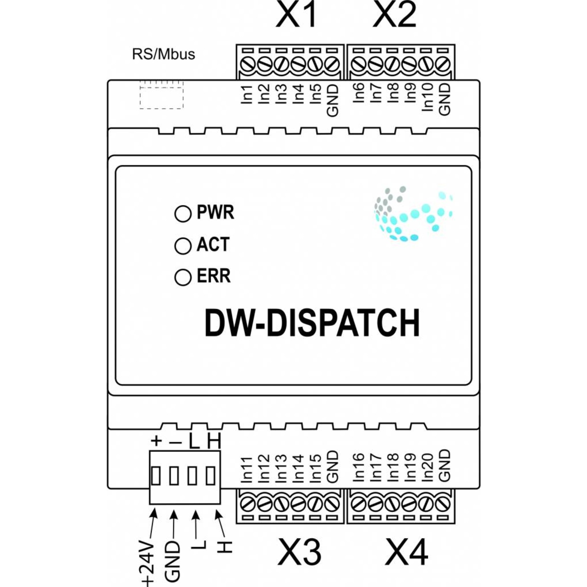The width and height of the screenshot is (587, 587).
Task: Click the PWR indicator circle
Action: click(x=183, y=214)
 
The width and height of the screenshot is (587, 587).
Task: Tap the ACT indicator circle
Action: click(x=183, y=246)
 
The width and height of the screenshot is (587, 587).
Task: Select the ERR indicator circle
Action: click(x=183, y=278)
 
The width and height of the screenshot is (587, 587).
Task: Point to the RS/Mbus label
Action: click(x=163, y=54)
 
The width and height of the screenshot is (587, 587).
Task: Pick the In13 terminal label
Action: click(x=281, y=468)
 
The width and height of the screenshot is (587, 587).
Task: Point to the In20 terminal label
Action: click(x=428, y=468)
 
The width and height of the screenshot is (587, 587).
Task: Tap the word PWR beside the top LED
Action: click(x=215, y=212)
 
